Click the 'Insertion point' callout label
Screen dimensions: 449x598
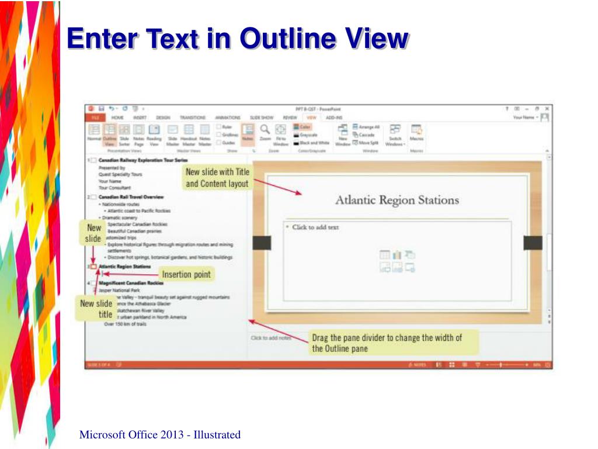coord(186,274)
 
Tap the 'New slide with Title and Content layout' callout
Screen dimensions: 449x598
coord(217,178)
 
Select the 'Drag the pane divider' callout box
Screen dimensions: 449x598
coord(387,343)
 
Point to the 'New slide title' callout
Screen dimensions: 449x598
coord(96,309)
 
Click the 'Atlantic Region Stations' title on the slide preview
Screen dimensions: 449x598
coord(397,200)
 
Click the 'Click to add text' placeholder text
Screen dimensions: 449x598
coord(315,227)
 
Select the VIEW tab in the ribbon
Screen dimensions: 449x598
coord(311,118)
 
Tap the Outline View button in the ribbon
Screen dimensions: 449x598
coord(109,134)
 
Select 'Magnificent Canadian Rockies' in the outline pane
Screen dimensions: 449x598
coord(131,283)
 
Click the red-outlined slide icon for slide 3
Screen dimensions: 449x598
coord(93,267)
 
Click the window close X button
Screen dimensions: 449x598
coord(547,109)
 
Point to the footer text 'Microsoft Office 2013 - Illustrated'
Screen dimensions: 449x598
coord(159,434)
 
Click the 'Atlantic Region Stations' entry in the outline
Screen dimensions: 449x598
coord(124,267)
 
